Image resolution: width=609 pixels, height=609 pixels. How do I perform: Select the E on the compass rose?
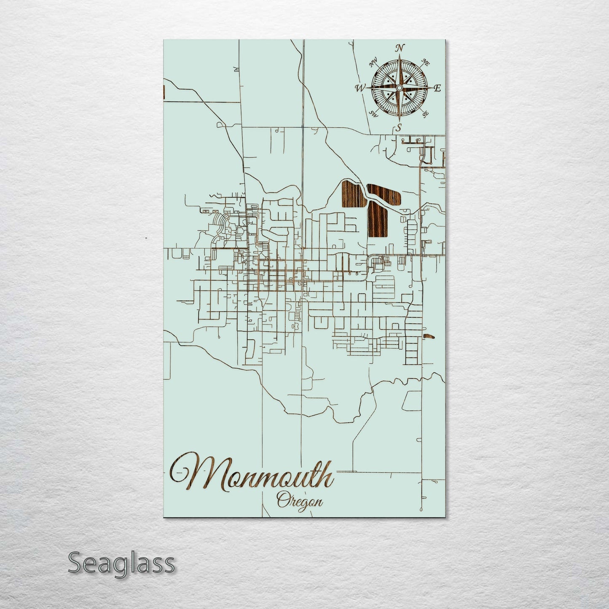[437, 88]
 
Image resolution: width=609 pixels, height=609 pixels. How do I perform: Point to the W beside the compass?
[360, 88]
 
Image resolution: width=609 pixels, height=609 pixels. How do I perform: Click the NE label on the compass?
[426, 63]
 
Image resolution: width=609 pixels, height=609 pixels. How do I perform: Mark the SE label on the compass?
[425, 113]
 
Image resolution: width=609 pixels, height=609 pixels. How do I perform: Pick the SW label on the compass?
[373, 113]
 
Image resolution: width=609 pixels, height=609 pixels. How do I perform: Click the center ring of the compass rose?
[399, 87]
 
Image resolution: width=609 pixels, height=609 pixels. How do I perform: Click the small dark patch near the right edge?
[429, 336]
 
